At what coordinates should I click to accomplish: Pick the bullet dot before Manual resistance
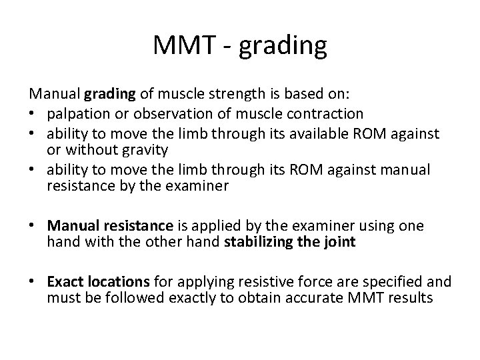[35, 227]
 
